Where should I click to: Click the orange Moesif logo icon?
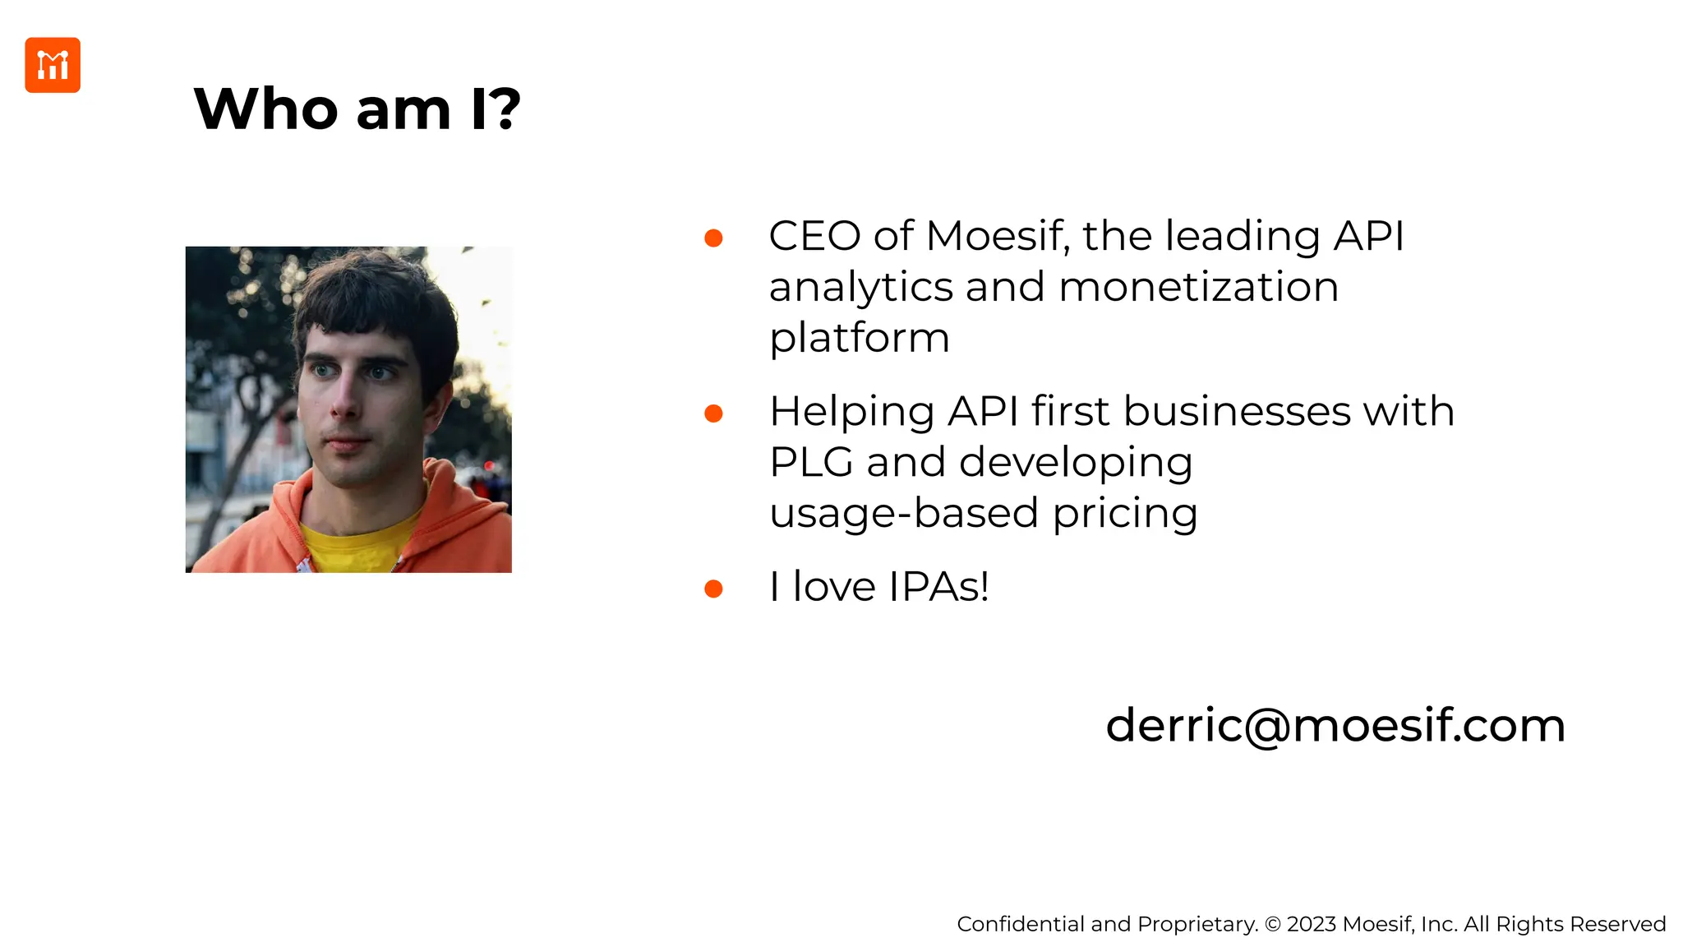pos(53,65)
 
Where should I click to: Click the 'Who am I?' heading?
pos(357,109)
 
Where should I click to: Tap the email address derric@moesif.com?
pos(1335,725)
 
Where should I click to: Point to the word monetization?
pos(1198,287)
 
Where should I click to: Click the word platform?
pos(859,338)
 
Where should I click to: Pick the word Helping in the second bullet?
pos(851,412)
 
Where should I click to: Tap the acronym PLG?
pos(811,462)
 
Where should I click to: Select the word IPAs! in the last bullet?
pos(938,587)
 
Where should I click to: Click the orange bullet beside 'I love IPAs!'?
pos(713,589)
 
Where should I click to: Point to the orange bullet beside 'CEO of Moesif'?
pos(713,238)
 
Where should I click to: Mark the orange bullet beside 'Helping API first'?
pos(713,413)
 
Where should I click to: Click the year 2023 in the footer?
pos(1311,924)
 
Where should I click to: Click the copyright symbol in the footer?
pos(1273,924)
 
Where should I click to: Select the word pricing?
pos(1125,515)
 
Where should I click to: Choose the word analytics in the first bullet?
pos(860,287)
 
